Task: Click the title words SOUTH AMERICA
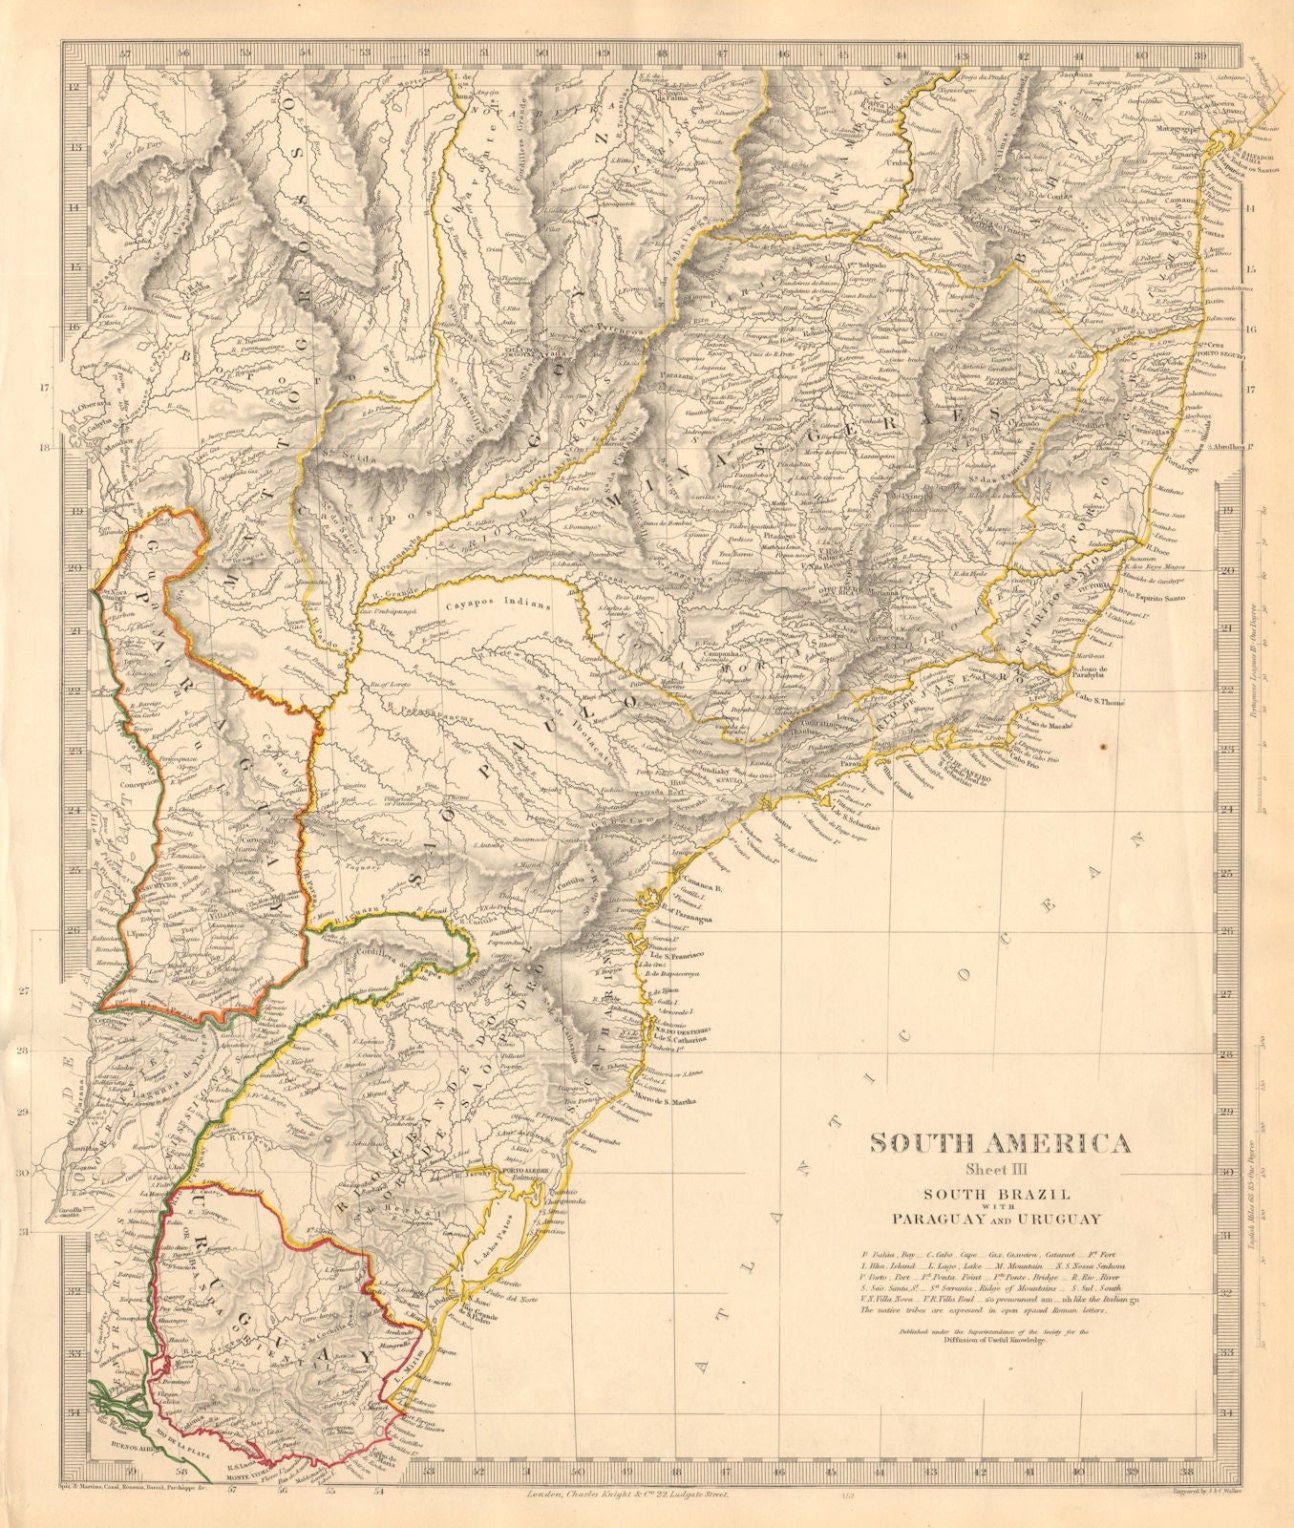click(1000, 1143)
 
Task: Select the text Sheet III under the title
click(1000, 1170)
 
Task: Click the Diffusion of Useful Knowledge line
click(1000, 1341)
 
